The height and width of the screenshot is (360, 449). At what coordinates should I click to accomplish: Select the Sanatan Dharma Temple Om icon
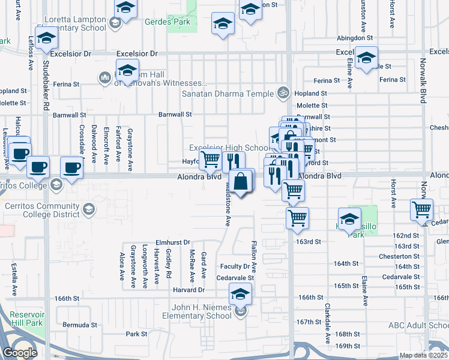(x=283, y=93)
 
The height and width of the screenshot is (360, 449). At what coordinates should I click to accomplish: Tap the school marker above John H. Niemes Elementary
(x=240, y=294)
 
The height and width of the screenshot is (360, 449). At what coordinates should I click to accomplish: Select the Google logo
(x=20, y=353)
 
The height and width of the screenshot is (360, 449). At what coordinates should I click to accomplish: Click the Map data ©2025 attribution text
(x=423, y=355)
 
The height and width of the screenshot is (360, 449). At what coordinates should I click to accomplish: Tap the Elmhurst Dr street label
(x=172, y=242)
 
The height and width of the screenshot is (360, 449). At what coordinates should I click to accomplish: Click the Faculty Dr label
(x=235, y=266)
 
